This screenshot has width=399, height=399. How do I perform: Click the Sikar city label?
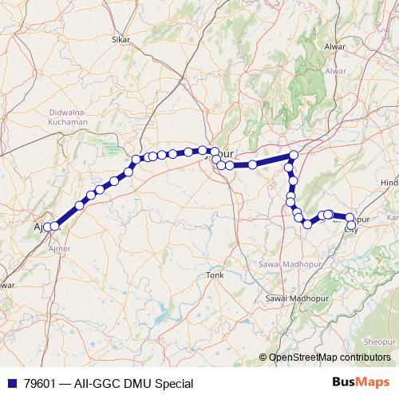(121, 38)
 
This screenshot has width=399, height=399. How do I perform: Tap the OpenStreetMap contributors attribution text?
(333, 358)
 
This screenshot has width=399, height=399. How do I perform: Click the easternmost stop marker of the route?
(350, 218)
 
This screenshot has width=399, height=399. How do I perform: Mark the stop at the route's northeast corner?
(294, 155)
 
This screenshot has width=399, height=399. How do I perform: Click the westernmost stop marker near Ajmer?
(47, 227)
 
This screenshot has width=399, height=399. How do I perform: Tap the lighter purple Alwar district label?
(335, 71)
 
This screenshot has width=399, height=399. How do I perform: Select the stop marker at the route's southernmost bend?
(307, 224)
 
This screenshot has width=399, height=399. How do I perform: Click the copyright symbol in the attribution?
(263, 358)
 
